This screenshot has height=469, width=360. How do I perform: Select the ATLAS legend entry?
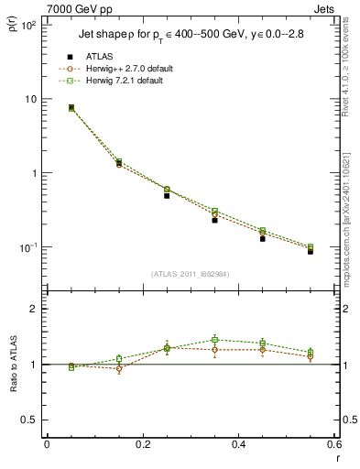[101, 57]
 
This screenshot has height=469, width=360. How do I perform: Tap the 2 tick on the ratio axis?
[32, 309]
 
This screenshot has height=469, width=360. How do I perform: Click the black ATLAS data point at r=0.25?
[167, 195]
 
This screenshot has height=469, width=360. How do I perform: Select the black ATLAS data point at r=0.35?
[214, 220]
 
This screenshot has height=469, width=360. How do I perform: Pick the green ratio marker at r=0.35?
[214, 340]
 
